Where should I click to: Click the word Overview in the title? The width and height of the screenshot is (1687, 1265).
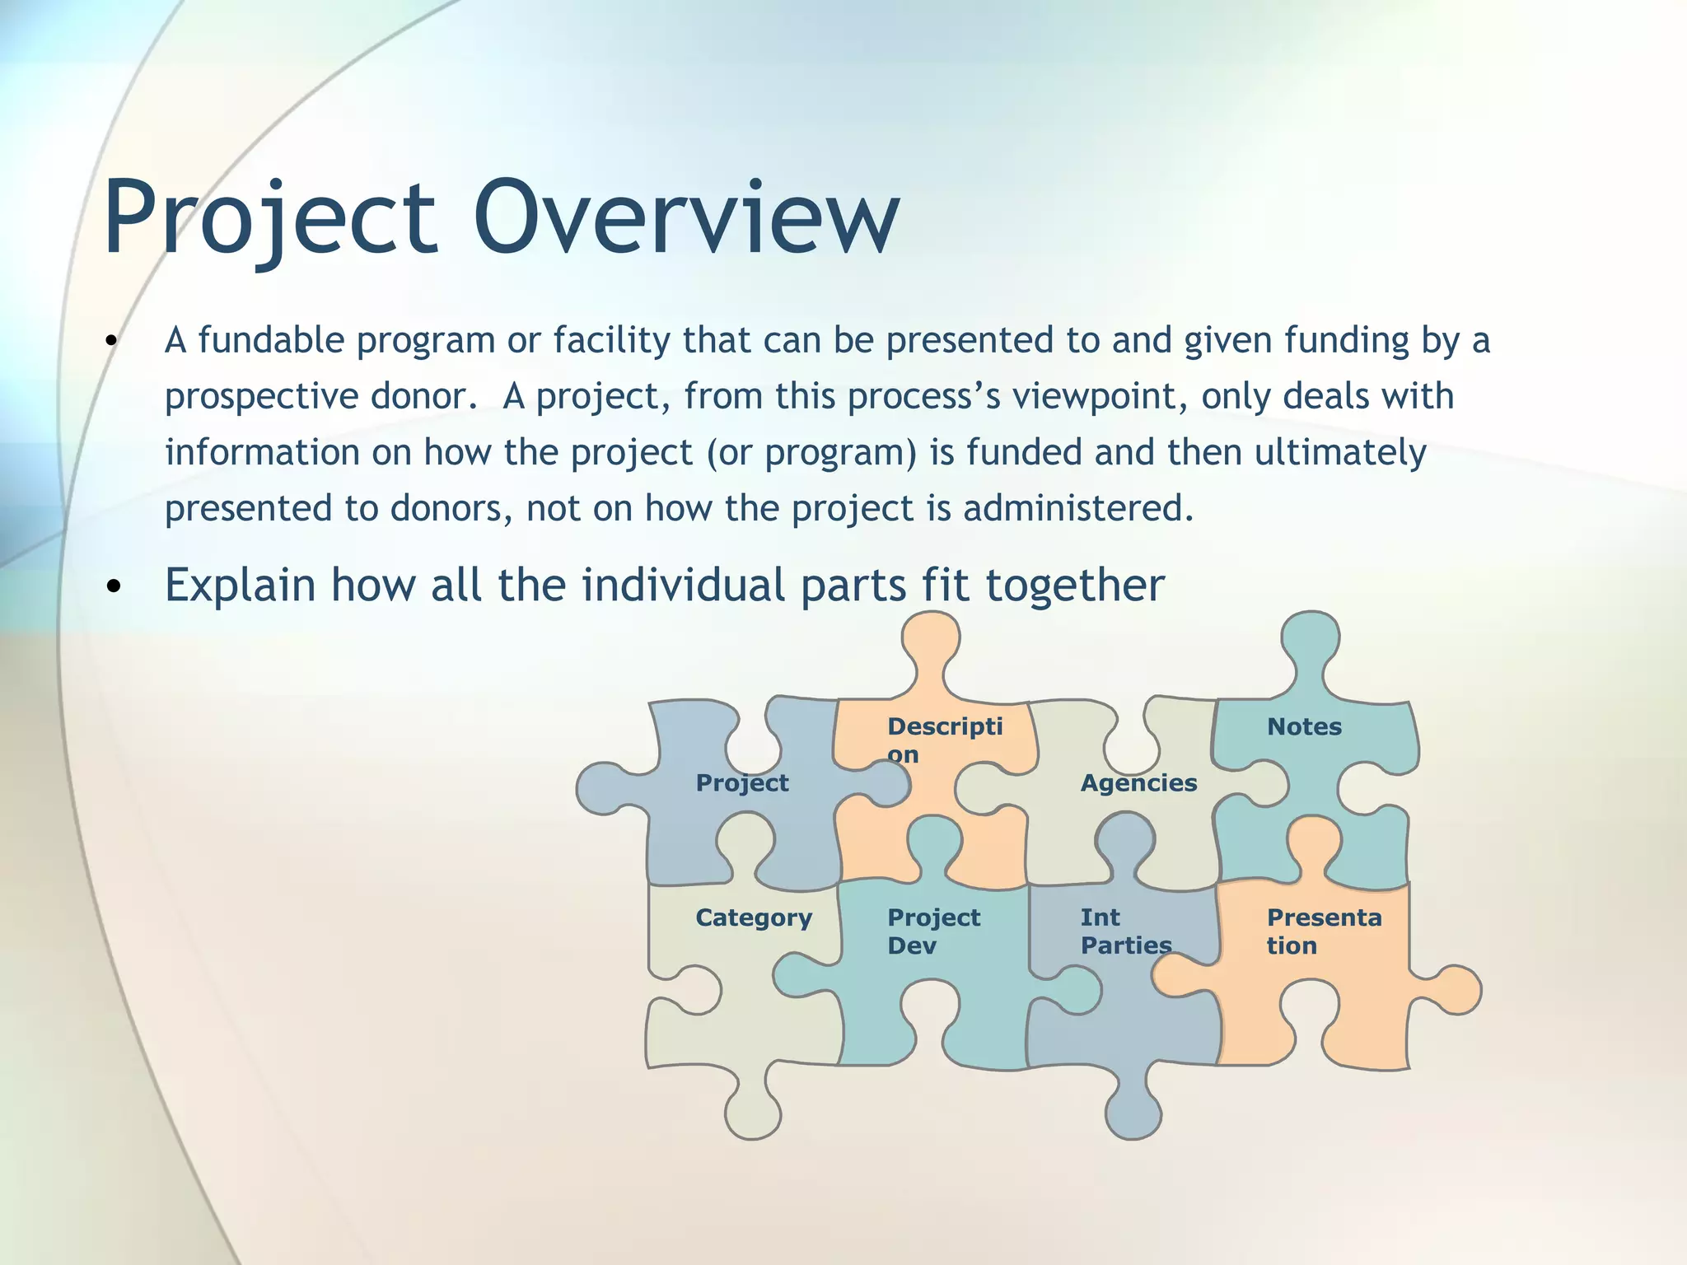[686, 217]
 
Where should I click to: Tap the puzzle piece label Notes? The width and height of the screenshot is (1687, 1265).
[1304, 727]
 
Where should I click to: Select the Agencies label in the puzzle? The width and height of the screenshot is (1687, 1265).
[1138, 783]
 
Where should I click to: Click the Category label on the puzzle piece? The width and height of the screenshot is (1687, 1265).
[753, 918]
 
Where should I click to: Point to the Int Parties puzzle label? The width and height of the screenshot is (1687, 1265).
[1124, 932]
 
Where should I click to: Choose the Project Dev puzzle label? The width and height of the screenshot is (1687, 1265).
[933, 932]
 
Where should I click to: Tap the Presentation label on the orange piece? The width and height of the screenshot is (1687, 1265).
[1323, 932]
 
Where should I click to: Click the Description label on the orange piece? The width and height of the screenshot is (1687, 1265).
[944, 740]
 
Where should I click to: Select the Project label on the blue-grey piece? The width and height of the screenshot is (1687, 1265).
[741, 783]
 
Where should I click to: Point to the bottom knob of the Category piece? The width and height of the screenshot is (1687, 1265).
[753, 1113]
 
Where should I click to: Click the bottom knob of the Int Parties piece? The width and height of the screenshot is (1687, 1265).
[1133, 1113]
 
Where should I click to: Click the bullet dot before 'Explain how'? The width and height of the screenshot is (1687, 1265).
[114, 587]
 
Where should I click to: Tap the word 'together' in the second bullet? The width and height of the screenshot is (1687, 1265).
[1075, 586]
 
